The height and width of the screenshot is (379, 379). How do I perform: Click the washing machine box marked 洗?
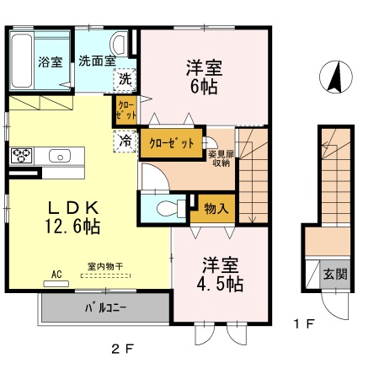pos(124,80)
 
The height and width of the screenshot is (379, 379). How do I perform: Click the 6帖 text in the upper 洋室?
pos(204,87)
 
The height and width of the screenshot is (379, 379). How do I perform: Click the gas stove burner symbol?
pos(20,156)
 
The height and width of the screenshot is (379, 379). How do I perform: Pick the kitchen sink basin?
pos(61,156)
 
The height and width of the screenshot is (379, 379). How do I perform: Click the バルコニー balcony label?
pos(105,307)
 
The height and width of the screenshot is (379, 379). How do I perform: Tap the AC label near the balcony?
pos(57,275)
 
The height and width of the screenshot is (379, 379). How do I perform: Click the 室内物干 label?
pos(105,267)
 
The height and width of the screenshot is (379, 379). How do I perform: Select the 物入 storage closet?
pos(215,208)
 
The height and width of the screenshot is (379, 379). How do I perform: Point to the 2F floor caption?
pos(125,350)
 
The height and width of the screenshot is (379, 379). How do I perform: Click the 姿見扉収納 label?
pos(222,158)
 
